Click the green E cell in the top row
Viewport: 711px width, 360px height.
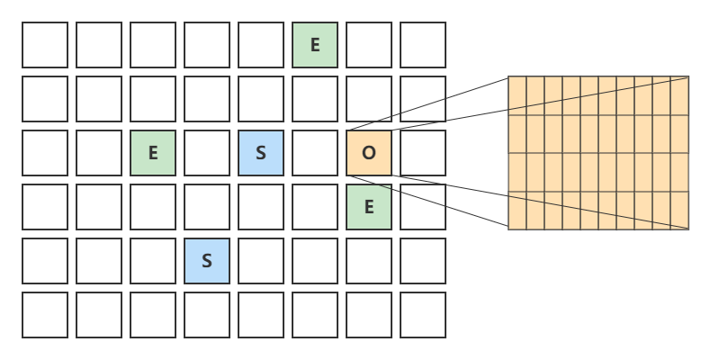[x=315, y=45]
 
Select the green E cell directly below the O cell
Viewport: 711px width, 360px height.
[x=369, y=207]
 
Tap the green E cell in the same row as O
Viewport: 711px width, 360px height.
[x=153, y=153]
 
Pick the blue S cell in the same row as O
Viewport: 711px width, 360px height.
[x=261, y=153]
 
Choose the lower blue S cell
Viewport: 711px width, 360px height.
[x=207, y=261]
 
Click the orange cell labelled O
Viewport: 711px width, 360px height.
[x=369, y=153]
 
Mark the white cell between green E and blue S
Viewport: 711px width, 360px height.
[x=207, y=153]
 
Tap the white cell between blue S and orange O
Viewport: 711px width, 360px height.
[x=315, y=153]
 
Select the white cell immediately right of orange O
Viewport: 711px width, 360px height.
[x=423, y=153]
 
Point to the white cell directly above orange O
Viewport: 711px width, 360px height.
[x=369, y=99]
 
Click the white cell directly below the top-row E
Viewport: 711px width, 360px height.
[x=315, y=99]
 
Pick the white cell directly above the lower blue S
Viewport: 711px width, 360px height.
[x=207, y=207]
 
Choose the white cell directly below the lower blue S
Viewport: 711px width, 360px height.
[x=207, y=315]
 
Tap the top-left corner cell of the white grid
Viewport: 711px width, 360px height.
[x=45, y=45]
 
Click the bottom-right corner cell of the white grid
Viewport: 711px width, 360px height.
[x=423, y=315]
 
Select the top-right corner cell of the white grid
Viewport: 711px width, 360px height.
[x=423, y=45]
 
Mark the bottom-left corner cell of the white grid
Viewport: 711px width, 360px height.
[x=45, y=315]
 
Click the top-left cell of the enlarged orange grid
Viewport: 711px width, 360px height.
[x=517, y=95]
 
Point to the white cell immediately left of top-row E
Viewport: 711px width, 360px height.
[x=261, y=45]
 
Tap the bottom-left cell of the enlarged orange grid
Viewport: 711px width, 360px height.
[x=517, y=211]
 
